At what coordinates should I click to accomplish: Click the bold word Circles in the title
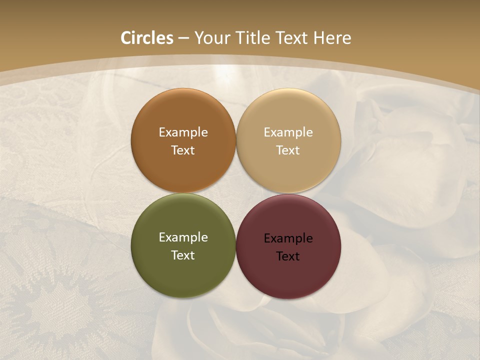(x=147, y=38)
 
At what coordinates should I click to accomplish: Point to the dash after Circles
(x=183, y=38)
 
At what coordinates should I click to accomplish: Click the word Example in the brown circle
(x=183, y=132)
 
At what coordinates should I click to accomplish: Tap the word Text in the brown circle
(x=183, y=150)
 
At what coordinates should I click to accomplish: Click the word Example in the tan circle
(x=288, y=132)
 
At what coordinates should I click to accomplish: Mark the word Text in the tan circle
(x=288, y=150)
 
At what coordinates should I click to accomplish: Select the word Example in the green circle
(x=183, y=237)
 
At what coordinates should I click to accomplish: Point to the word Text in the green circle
(x=183, y=255)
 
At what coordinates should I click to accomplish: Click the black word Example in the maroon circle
(x=288, y=238)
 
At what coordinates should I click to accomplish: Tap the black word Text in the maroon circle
(x=288, y=256)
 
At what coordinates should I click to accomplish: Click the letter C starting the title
(x=126, y=38)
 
